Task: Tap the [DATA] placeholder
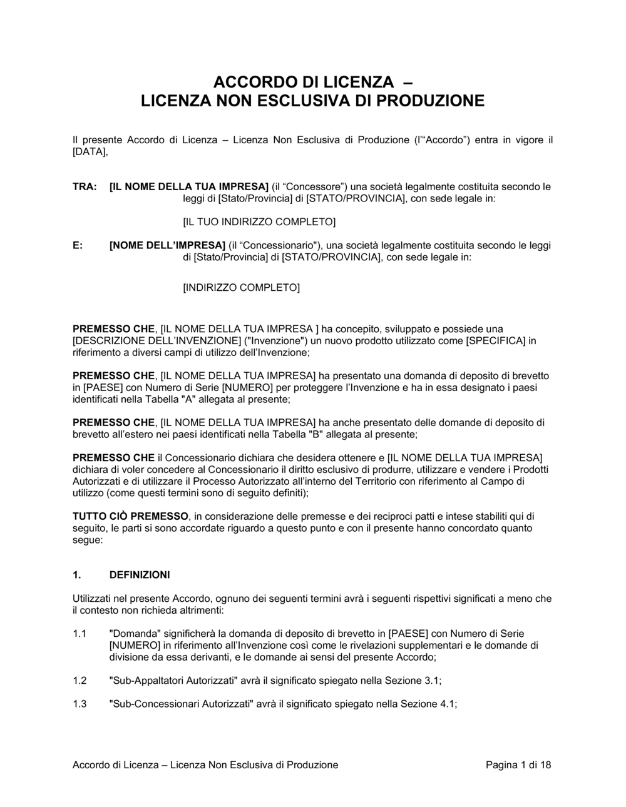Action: (x=90, y=151)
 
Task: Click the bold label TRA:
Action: (x=85, y=186)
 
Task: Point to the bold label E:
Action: (x=78, y=245)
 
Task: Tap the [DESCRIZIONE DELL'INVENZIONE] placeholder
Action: (x=157, y=341)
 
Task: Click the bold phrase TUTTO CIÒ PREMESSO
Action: (x=130, y=516)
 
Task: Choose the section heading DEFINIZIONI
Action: (x=140, y=575)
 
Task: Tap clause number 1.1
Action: (x=80, y=634)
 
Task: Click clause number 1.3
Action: (x=80, y=704)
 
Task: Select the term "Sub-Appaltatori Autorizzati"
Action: (x=172, y=681)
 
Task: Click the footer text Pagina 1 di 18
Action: (x=518, y=764)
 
